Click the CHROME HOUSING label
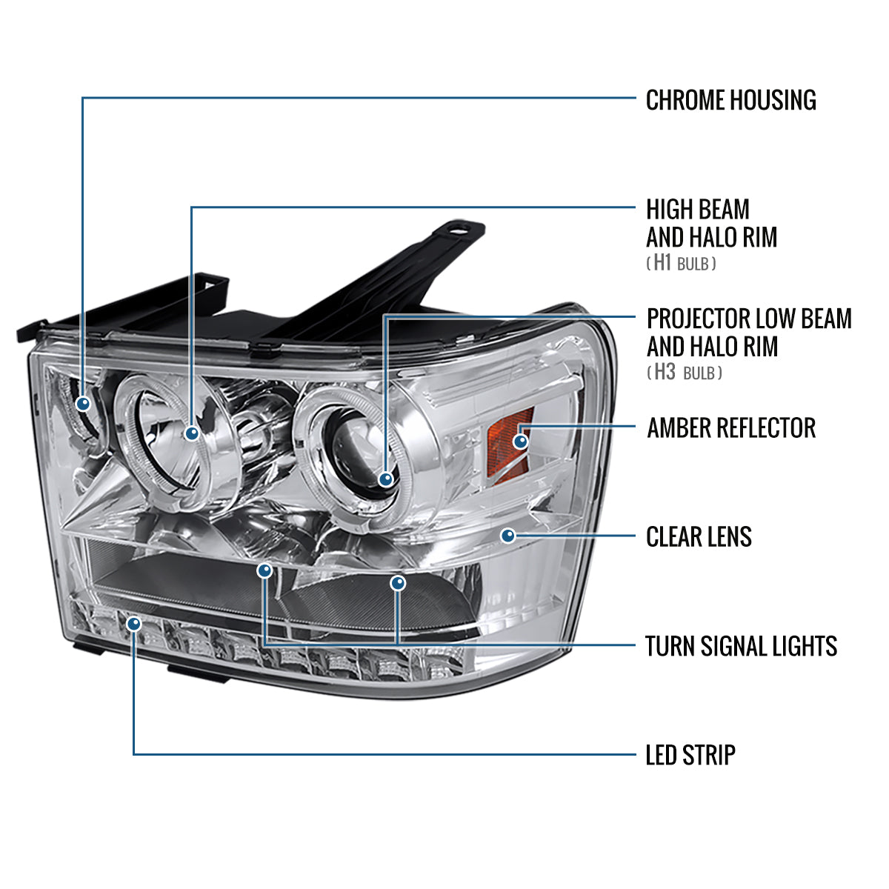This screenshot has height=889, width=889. point(730,100)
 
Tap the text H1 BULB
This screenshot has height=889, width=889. point(681,263)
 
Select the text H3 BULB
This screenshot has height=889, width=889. point(684,372)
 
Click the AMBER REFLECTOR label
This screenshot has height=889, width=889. point(730,427)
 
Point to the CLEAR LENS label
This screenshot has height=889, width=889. point(699,536)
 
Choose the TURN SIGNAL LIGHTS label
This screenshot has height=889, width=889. point(741,646)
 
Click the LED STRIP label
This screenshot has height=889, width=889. point(690,755)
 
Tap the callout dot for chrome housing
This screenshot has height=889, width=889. point(83,404)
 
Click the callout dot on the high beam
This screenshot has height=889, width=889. point(193,433)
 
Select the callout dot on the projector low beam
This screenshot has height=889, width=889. point(385,479)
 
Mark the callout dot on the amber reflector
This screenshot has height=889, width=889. point(521,442)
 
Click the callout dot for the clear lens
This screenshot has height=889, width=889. point(508,535)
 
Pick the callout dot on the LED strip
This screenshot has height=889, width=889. point(133,624)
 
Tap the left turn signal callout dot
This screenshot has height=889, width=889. point(264,570)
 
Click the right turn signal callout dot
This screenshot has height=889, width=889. point(399,584)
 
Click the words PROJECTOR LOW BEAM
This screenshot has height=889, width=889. point(749,319)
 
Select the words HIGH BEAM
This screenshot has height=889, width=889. point(697,210)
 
